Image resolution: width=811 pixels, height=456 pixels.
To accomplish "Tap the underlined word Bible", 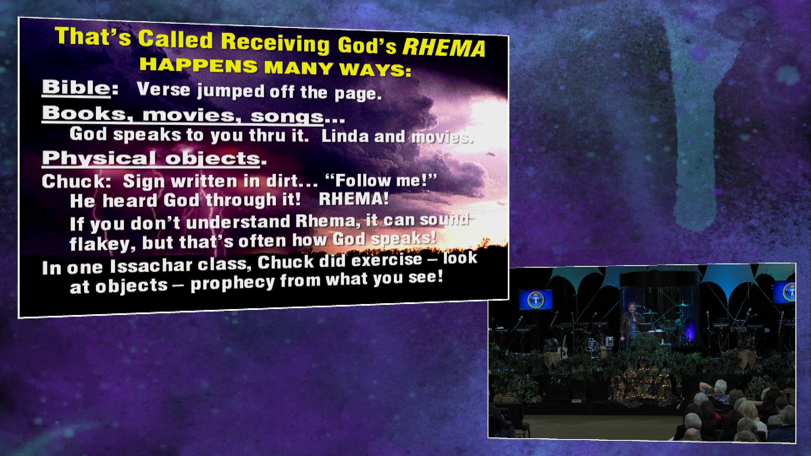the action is [x=76, y=87].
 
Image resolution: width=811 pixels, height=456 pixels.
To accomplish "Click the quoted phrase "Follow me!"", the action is [x=381, y=180].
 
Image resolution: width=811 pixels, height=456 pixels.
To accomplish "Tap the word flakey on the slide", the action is [x=102, y=244].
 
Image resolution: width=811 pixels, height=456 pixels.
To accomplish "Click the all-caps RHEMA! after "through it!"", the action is [x=354, y=199].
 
